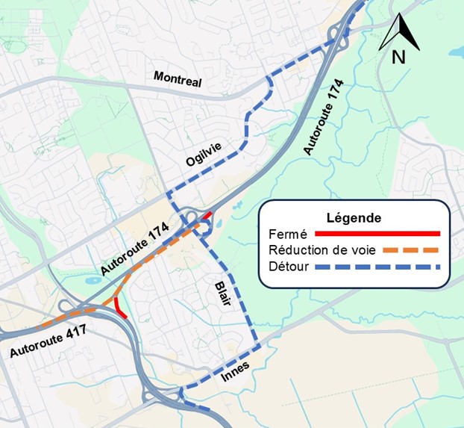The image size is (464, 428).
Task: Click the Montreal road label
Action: click(x=178, y=79)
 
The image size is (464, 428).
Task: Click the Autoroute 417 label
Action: click(x=48, y=339)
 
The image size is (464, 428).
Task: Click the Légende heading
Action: click(x=354, y=218)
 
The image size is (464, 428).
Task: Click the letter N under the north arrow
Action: click(x=399, y=57)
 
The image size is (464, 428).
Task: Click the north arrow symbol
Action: click(x=400, y=31)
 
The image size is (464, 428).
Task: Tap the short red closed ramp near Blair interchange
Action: click(x=207, y=216)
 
